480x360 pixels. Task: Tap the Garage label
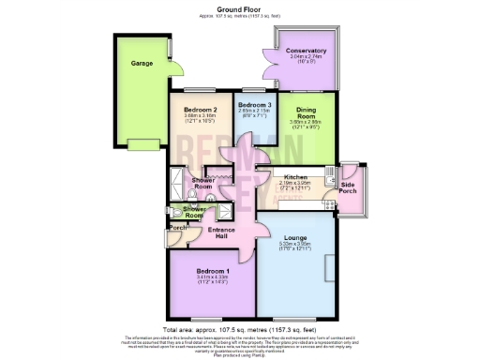[x=142, y=65]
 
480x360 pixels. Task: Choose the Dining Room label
[x=307, y=113]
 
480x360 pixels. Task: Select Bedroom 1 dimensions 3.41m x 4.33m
[x=212, y=275]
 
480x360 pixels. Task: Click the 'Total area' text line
[x=240, y=330]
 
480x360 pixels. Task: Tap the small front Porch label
[x=175, y=228]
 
